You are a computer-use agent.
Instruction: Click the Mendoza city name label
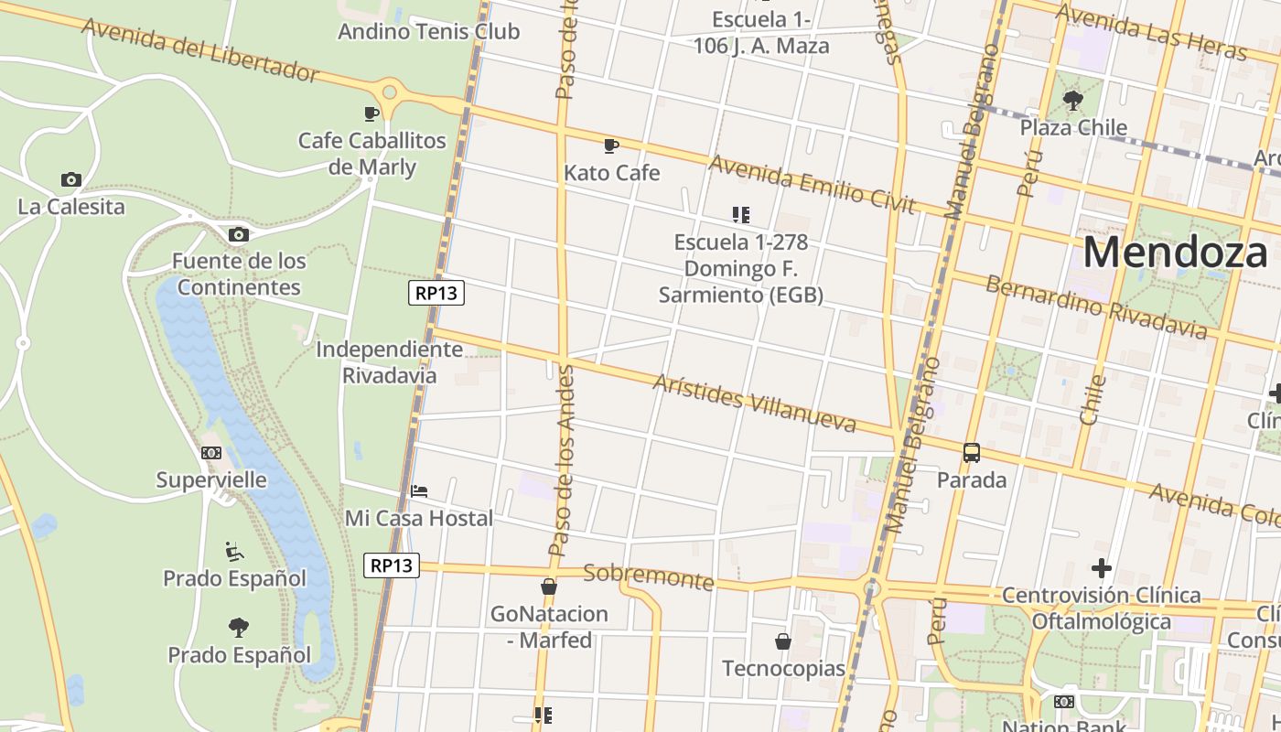click(x=1175, y=252)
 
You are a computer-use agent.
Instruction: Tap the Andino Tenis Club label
click(x=428, y=31)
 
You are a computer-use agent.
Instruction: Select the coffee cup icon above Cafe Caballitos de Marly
click(x=371, y=113)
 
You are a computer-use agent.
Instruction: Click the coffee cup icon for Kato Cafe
click(x=611, y=145)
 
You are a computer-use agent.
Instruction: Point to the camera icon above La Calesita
click(x=70, y=179)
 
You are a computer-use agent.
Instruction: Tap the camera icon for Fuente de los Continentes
click(x=239, y=234)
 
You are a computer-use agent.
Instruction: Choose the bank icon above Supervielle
click(x=211, y=453)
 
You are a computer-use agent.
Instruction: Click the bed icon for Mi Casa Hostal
click(x=419, y=491)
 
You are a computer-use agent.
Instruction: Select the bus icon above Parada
click(x=972, y=452)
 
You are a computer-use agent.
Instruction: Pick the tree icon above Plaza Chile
click(x=1073, y=100)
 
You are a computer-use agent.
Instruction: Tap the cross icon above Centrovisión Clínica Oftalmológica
click(x=1102, y=568)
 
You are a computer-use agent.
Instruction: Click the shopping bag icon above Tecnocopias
click(x=783, y=641)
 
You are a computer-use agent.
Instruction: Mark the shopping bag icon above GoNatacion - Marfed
click(x=549, y=587)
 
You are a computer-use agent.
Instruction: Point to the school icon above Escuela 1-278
click(x=741, y=215)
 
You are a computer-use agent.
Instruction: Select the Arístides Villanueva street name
click(x=754, y=403)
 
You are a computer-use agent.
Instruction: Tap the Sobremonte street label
click(x=648, y=576)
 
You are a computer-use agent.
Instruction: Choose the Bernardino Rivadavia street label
click(x=1096, y=306)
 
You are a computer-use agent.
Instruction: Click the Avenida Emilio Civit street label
click(x=812, y=183)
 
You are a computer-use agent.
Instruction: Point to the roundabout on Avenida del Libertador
click(x=390, y=91)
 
